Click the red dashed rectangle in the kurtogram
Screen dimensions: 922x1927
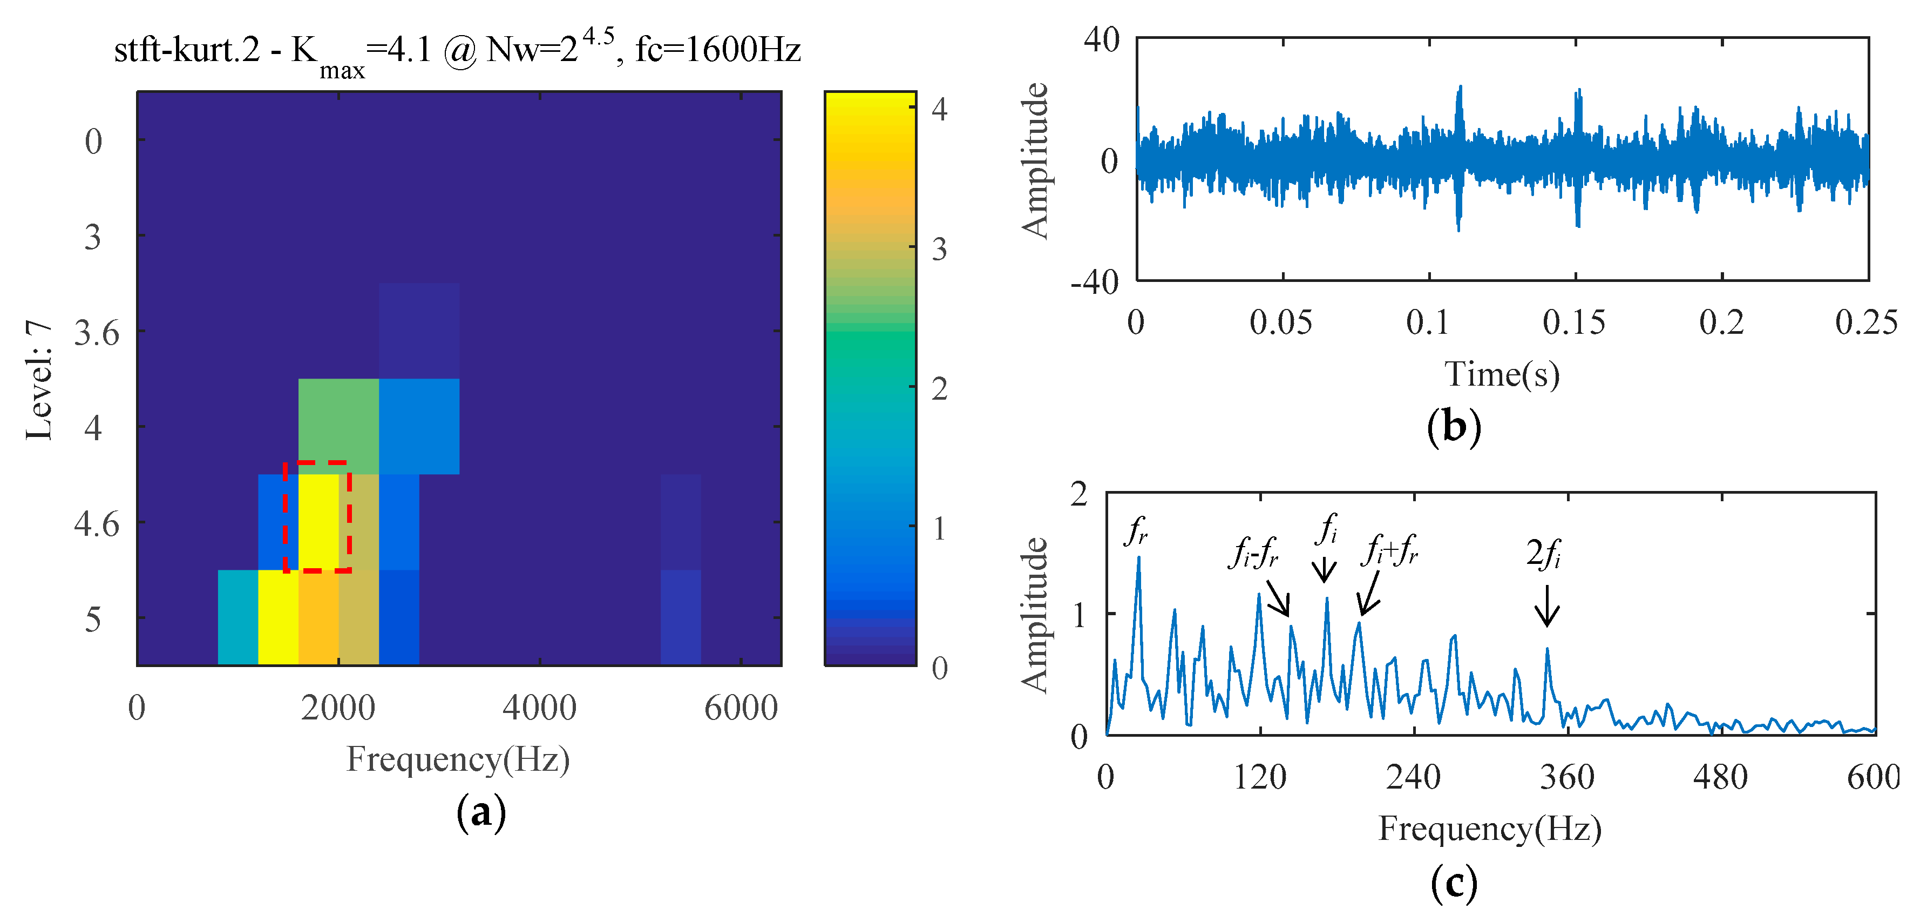coord(317,516)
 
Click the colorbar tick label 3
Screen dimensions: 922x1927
coord(940,249)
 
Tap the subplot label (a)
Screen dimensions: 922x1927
coord(481,812)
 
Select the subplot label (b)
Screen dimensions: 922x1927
coord(1454,427)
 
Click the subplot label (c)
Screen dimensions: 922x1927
coord(1454,883)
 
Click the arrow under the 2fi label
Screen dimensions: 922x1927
coord(1547,606)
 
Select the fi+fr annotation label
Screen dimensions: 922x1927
coord(1389,550)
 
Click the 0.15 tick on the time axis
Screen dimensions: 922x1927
coord(1574,322)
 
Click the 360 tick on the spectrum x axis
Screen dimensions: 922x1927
coord(1566,777)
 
